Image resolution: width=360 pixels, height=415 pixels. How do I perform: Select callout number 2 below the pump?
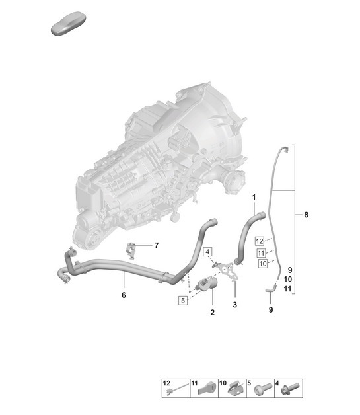pos(213,311)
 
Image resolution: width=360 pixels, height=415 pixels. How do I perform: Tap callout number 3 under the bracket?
pos(234,305)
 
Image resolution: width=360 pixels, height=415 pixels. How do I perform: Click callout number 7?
pos(157,246)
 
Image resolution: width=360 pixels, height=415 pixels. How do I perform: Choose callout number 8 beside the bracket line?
pos(306,215)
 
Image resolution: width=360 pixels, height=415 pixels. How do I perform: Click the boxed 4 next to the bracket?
pos(207,252)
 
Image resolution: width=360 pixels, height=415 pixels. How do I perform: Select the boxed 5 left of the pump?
pos(182,300)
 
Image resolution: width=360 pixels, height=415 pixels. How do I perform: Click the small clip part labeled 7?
pos(133,248)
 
